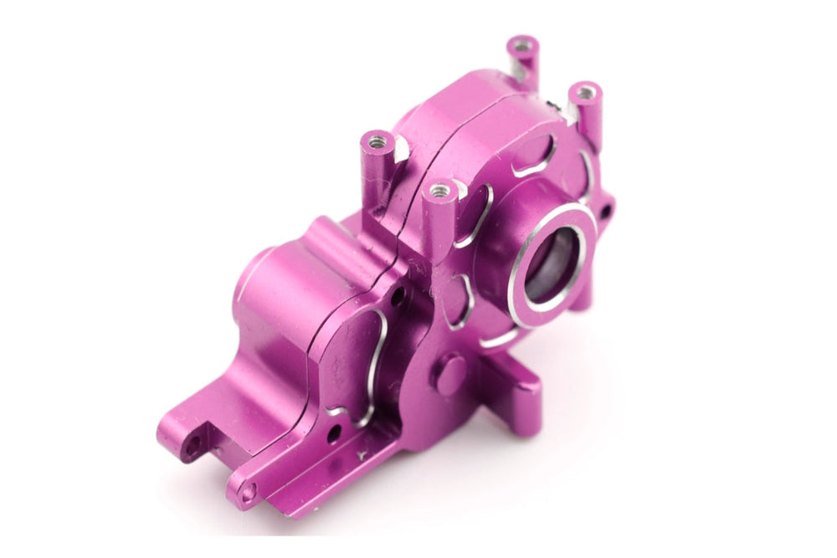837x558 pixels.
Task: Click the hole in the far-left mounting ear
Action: point(193,446)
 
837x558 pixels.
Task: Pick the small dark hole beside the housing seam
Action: point(399,294)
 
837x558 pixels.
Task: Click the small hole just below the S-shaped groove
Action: point(334,433)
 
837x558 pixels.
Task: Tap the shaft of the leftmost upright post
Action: point(375,171)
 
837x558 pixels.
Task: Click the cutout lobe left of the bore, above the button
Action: point(456,300)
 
